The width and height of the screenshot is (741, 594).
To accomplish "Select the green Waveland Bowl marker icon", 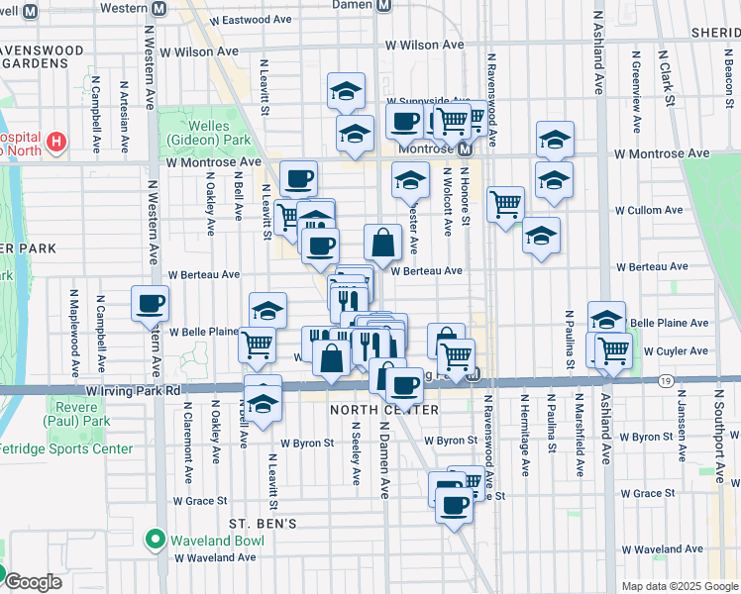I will point(155,540).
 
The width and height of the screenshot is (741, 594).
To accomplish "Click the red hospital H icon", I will point(55,143).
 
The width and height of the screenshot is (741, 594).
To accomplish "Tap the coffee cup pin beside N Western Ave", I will point(150,304).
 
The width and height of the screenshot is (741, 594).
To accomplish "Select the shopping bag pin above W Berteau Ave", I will point(382,242).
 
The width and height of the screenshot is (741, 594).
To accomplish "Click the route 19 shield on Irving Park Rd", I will point(665,381).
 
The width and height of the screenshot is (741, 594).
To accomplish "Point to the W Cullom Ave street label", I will point(648,210).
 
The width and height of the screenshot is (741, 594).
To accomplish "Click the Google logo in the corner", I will point(34,582).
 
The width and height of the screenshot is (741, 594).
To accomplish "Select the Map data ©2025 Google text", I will point(680,586).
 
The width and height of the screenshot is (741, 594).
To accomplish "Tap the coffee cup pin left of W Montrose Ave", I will point(298,179).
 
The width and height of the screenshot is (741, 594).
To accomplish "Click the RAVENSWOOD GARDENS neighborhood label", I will point(46,58).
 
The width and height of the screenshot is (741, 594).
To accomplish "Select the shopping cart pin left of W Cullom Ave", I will point(505,205).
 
